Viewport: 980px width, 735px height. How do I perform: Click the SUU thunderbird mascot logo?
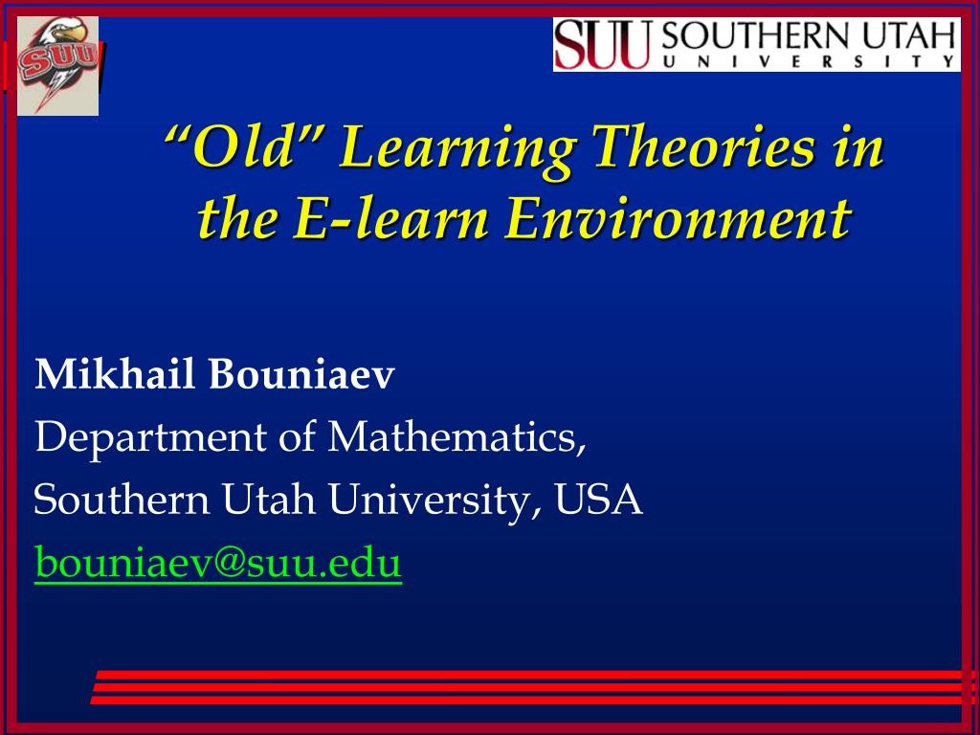[57, 66]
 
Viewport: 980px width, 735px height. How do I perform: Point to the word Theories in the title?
[704, 146]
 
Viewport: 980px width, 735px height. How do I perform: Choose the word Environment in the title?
[678, 219]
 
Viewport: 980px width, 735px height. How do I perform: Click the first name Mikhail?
[115, 374]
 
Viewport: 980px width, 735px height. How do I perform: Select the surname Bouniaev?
[301, 374]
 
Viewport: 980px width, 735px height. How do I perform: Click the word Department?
[150, 438]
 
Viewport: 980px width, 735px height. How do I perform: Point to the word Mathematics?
[457, 436]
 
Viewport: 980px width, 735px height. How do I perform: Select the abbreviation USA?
[599, 500]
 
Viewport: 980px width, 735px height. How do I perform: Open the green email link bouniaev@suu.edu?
[217, 562]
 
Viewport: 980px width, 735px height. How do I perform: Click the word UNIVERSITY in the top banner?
[809, 61]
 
